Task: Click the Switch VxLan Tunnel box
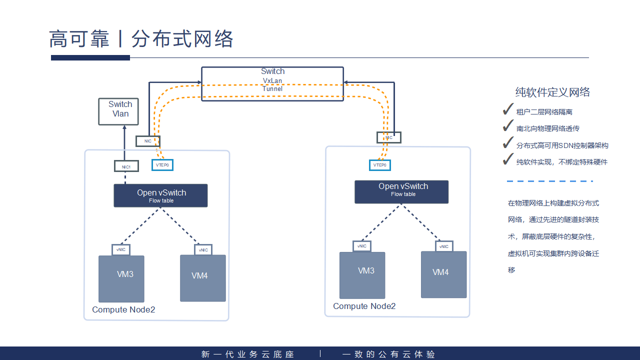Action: (x=272, y=84)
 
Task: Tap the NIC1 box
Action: (x=126, y=166)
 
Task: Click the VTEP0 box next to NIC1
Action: (x=162, y=164)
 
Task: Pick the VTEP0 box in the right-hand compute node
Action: (x=380, y=165)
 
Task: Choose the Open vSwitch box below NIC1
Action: (x=160, y=195)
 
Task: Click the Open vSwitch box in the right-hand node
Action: (x=401, y=192)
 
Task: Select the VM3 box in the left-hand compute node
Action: (x=121, y=279)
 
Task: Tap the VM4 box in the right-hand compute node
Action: (x=443, y=274)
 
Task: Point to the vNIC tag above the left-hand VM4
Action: (x=203, y=249)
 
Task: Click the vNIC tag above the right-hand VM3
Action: (x=362, y=246)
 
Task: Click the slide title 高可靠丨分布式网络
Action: (x=141, y=39)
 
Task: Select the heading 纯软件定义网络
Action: (x=552, y=92)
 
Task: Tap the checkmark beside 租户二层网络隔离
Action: (x=508, y=110)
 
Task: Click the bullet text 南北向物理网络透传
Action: (x=547, y=128)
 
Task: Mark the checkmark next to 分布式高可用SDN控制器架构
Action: (x=508, y=143)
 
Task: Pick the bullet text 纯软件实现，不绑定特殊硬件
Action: (x=561, y=162)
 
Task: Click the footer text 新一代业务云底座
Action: (x=248, y=354)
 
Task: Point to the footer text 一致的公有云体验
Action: (x=388, y=354)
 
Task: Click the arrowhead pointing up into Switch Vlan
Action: (x=123, y=128)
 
